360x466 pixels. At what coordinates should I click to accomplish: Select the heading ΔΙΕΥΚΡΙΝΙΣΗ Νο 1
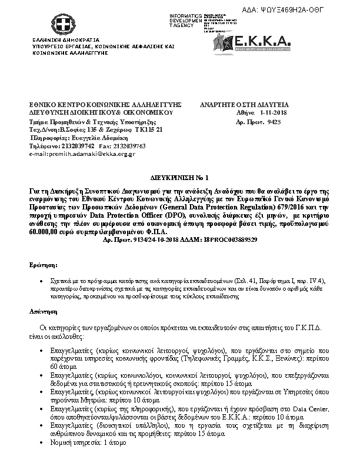tap(176, 177)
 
